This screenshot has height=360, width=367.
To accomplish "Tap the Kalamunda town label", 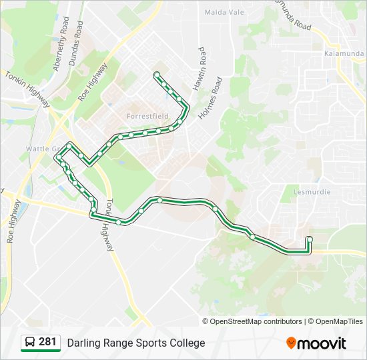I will [x=342, y=53].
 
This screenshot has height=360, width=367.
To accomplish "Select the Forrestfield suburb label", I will [x=147, y=116].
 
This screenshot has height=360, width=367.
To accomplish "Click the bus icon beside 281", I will [x=29, y=343].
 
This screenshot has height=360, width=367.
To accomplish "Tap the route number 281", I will [x=47, y=342].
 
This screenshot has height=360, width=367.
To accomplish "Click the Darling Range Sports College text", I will [x=136, y=343].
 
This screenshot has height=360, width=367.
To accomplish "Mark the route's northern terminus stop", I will [x=156, y=74].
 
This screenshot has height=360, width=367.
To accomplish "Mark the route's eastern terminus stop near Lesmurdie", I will [x=309, y=239].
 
